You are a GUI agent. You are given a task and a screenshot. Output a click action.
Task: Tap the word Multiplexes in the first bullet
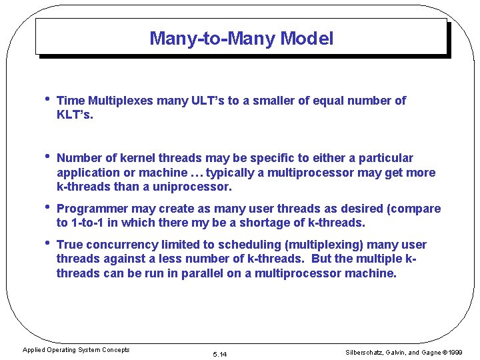coord(120,101)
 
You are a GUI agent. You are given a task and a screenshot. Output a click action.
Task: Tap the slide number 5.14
coord(219,354)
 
